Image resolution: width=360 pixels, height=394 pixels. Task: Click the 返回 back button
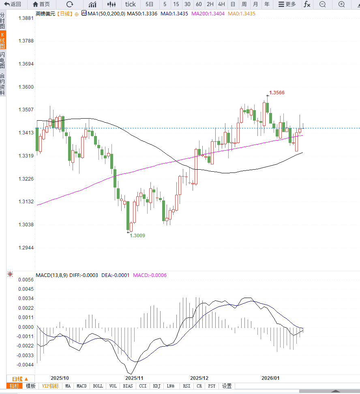click(13, 4)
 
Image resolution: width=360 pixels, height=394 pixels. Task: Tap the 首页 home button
click(41, 4)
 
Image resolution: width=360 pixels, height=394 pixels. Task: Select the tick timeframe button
click(131, 4)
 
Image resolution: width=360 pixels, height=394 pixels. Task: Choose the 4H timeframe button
click(221, 4)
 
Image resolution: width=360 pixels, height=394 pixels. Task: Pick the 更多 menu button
click(287, 4)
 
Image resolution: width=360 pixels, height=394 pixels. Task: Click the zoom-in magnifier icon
click(342, 4)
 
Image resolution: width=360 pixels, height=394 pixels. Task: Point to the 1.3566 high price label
click(277, 93)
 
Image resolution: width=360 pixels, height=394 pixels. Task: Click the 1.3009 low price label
click(137, 235)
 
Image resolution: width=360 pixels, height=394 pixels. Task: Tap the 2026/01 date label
click(270, 377)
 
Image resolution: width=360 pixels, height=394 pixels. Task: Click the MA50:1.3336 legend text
click(142, 13)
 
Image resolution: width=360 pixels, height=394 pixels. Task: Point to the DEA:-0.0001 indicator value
click(116, 275)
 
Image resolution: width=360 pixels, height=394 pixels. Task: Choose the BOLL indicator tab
click(98, 386)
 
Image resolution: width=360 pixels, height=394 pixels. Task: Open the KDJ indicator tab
click(156, 386)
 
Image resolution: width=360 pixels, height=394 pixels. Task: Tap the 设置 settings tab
click(227, 386)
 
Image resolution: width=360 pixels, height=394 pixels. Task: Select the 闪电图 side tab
click(2, 60)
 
